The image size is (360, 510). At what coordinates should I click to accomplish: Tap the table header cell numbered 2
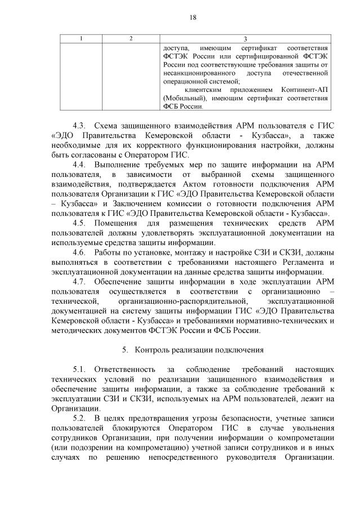tap(131, 38)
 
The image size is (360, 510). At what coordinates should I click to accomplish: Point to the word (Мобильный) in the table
tap(182, 98)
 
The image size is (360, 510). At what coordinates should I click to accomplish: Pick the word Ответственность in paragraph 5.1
tap(123, 369)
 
